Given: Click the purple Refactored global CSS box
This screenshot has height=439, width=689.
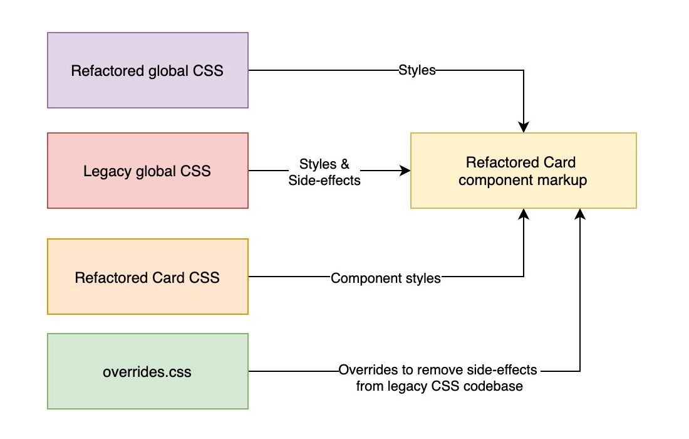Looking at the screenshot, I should coord(148,70).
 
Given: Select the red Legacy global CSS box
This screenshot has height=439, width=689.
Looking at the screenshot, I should coord(148,171).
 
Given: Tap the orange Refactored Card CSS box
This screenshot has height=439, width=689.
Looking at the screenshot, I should coord(148,277).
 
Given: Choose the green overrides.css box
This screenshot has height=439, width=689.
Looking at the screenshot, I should coord(148,371).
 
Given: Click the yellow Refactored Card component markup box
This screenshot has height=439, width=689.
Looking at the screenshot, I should coord(523,171).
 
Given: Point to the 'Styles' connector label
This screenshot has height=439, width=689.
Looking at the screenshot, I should coord(417,70).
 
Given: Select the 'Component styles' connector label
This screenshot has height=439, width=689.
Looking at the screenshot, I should coord(385,278).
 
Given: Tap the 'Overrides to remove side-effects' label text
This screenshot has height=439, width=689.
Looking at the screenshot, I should coord(438,370).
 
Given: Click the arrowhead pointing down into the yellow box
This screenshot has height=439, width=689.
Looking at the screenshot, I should coord(524,127).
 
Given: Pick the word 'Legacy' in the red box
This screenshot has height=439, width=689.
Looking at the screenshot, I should coord(107,171).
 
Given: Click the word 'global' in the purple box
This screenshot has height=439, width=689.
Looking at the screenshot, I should coord(159,70).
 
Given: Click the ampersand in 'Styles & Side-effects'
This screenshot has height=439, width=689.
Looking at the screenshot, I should coord(344,164).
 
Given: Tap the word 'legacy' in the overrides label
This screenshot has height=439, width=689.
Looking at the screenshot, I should coord(410,386).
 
